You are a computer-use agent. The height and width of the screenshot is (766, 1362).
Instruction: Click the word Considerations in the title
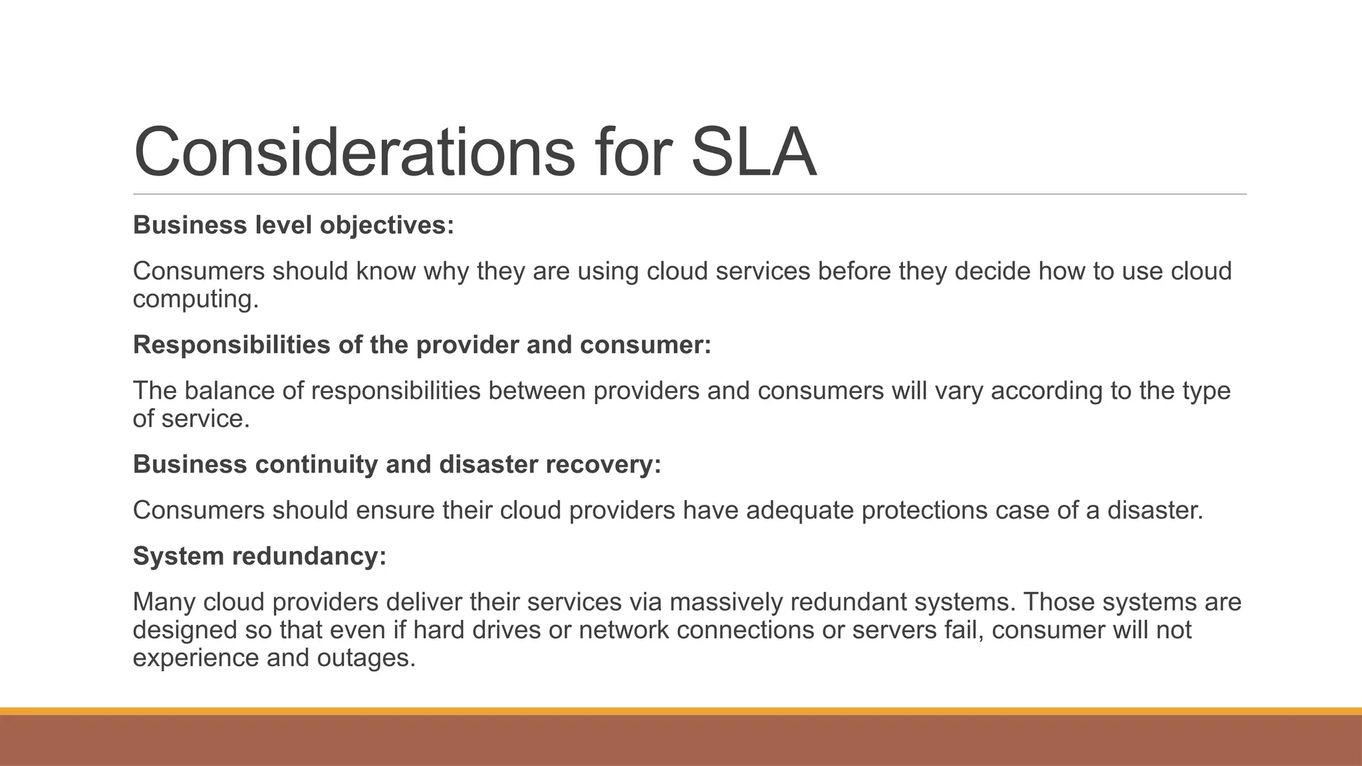353,153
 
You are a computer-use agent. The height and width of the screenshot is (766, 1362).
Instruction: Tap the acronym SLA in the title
753,153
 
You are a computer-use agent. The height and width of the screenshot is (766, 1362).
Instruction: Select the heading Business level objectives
293,225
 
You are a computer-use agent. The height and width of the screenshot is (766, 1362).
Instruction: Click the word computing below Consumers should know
194,300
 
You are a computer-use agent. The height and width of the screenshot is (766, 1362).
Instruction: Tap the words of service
191,419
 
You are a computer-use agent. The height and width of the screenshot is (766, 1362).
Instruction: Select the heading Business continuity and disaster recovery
397,464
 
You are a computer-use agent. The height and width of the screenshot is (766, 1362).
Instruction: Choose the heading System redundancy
259,556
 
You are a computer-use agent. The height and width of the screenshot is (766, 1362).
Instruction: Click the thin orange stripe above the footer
681,711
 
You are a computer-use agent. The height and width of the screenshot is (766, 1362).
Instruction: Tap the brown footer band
681,741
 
